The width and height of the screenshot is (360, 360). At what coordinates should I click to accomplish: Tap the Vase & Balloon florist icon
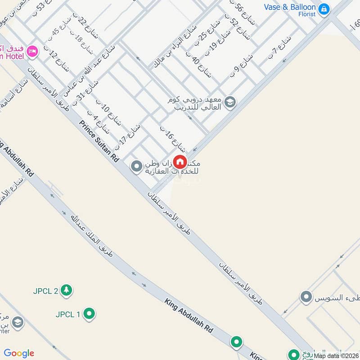click(x=324, y=9)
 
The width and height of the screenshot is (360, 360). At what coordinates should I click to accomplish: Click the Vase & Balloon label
click(x=290, y=7)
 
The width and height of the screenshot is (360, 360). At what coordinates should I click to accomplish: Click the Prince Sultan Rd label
click(x=99, y=141)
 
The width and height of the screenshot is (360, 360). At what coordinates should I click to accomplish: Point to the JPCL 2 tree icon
click(x=67, y=290)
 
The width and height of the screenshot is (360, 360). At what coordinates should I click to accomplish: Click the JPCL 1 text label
click(x=68, y=314)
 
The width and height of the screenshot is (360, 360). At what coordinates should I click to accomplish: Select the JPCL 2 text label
click(x=45, y=291)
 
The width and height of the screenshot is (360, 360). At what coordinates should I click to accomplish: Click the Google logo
click(x=19, y=353)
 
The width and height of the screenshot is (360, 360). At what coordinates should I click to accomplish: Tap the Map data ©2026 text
click(x=337, y=355)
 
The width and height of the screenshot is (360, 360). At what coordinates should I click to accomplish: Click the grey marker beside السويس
click(x=306, y=297)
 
